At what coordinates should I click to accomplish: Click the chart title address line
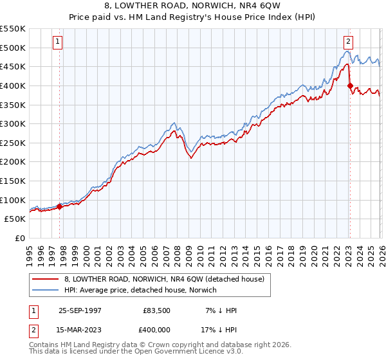[x=193, y=7]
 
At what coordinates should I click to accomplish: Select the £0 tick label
[x=19, y=239]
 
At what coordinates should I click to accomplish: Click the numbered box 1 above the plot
[x=57, y=42]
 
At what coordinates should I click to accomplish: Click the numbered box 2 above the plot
[x=348, y=42]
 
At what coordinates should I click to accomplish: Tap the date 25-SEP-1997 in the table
[x=80, y=310]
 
